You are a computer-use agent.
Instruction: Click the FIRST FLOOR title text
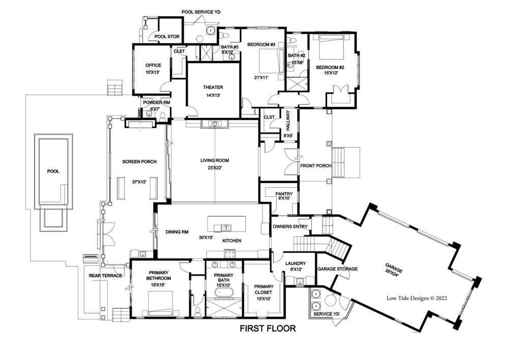[268, 328]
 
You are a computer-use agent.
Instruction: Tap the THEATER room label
[213, 87]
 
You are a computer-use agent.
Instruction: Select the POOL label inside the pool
[52, 171]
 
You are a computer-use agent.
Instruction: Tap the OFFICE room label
[153, 65]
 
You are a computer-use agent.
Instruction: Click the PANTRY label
[283, 194]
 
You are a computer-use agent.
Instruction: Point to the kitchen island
[226, 224]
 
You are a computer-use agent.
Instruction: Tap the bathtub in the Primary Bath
[224, 294]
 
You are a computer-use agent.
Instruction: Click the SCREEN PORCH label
[139, 162]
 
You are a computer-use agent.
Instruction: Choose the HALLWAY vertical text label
[287, 121]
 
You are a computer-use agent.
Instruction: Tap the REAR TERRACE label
[105, 276]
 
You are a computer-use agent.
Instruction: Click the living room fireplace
[215, 124]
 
